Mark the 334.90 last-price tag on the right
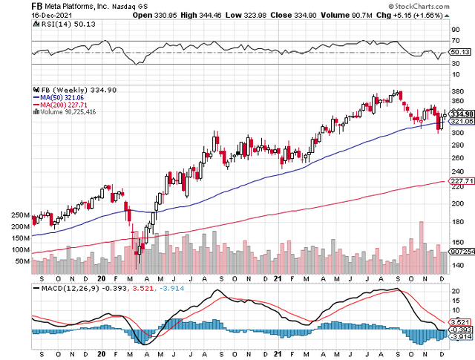pos(462,114)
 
